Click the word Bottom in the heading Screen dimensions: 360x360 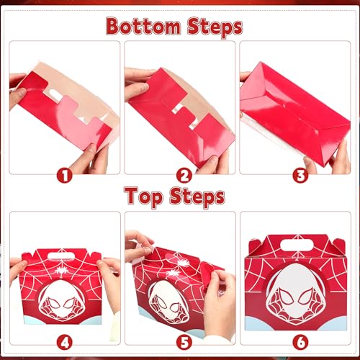143,26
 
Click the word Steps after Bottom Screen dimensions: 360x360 215,27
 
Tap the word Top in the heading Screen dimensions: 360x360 143,197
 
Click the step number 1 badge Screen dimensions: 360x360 65,176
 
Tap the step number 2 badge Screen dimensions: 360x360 184,176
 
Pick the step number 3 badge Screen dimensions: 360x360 300,176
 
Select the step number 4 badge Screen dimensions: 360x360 65,343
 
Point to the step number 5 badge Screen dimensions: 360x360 184,343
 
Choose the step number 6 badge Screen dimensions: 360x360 300,343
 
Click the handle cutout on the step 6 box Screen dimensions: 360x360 297,246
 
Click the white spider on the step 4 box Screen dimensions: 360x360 60,270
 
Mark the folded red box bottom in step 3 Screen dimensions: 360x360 295,114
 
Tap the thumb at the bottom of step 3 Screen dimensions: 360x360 310,165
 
